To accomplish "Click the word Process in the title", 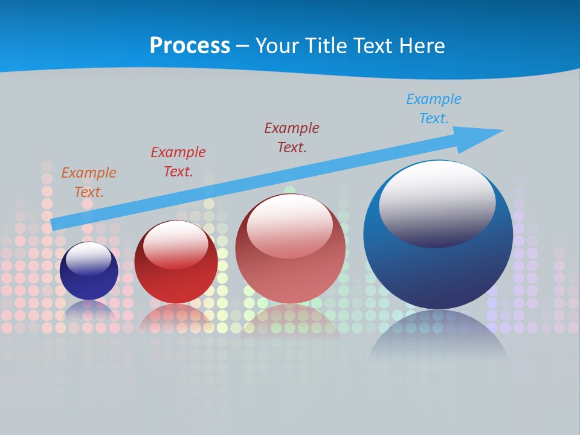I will pos(190,46).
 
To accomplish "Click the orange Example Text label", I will pos(89,182).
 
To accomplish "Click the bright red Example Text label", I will pos(178,161).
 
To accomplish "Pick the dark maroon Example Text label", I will pos(292,137).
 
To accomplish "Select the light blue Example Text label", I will pos(434,108).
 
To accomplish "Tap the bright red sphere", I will pos(176,284).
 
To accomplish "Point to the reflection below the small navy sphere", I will pos(89,311).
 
